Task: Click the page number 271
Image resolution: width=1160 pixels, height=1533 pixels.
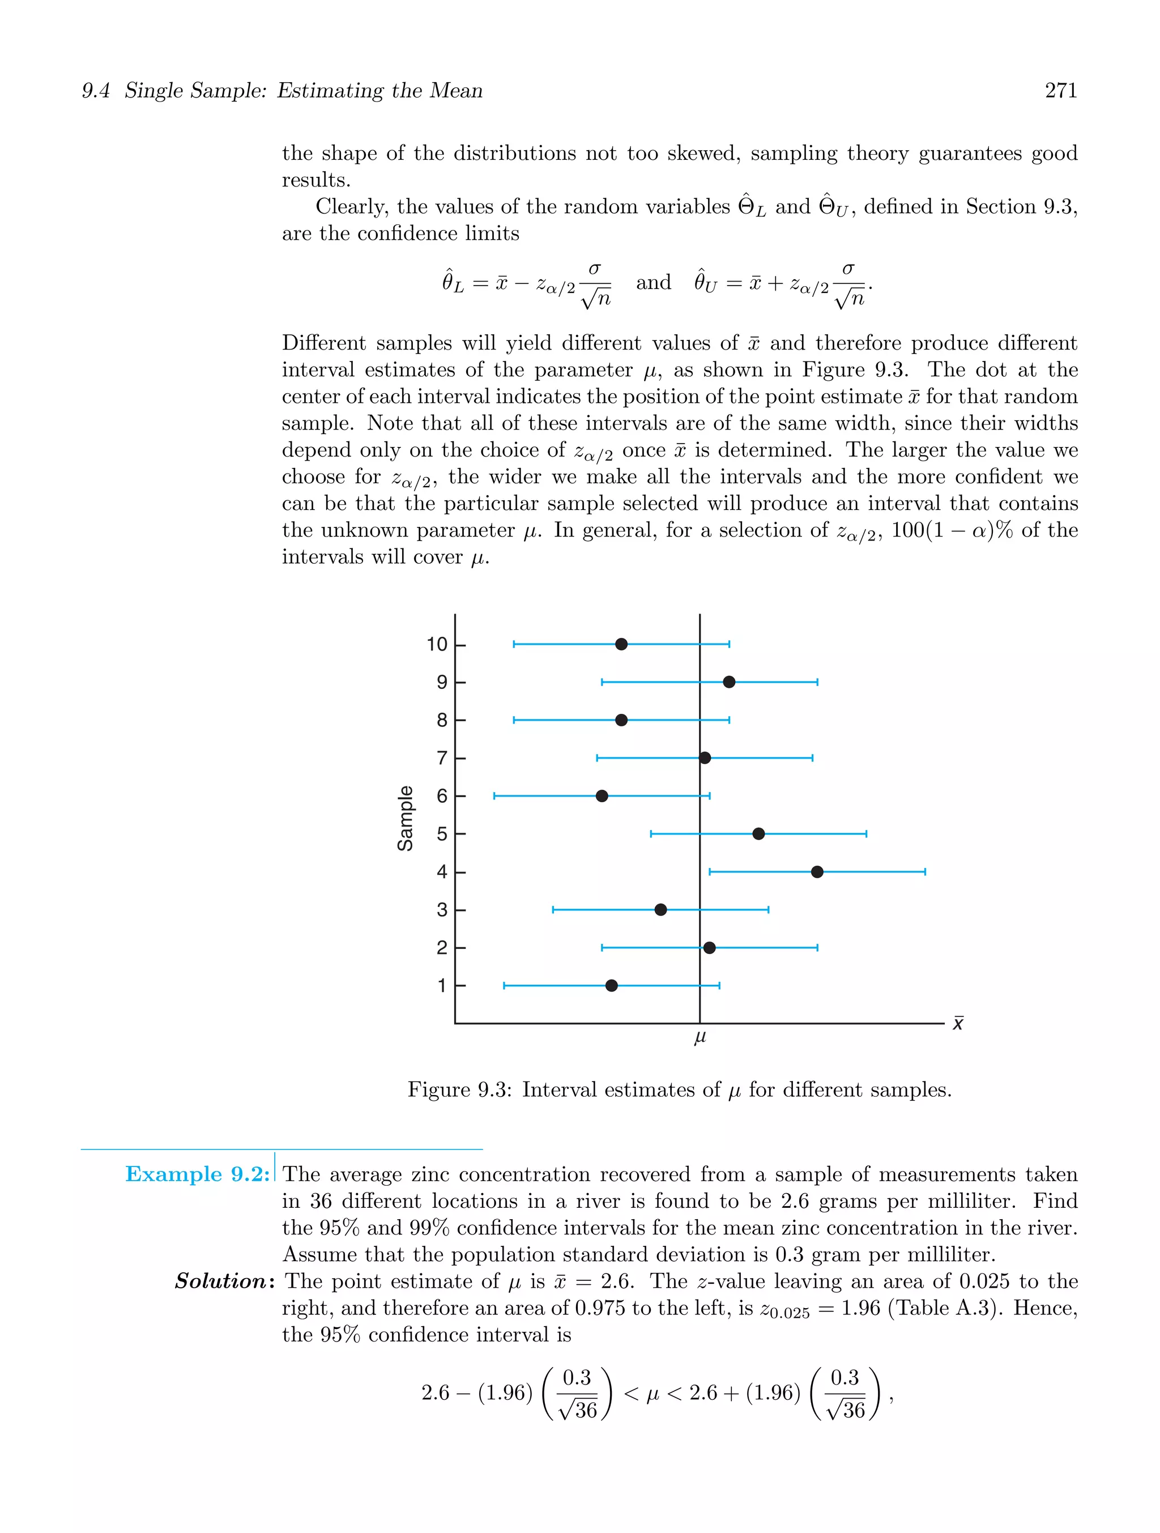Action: click(1060, 91)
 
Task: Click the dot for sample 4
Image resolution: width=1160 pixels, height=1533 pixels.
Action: click(817, 872)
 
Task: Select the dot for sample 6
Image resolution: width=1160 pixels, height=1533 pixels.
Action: click(602, 795)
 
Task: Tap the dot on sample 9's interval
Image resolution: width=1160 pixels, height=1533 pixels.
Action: click(729, 682)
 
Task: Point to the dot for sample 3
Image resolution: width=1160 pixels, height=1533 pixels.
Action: click(660, 909)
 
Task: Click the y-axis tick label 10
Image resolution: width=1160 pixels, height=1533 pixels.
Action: click(437, 645)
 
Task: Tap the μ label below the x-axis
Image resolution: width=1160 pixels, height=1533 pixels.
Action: click(700, 1037)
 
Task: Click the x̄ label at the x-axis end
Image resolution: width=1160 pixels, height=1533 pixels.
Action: click(958, 1023)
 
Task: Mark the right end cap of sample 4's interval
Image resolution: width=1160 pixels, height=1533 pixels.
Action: click(925, 872)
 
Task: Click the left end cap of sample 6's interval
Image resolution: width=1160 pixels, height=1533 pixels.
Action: click(494, 795)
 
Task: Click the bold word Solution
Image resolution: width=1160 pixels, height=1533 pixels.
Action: click(221, 1281)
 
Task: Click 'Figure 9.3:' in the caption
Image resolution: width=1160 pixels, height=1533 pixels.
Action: click(459, 1089)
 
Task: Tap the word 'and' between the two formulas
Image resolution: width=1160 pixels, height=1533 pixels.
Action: click(654, 283)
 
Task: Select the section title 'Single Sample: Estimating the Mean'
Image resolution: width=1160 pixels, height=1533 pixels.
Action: click(304, 91)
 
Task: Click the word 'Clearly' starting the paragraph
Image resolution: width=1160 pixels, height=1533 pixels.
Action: click(351, 207)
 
